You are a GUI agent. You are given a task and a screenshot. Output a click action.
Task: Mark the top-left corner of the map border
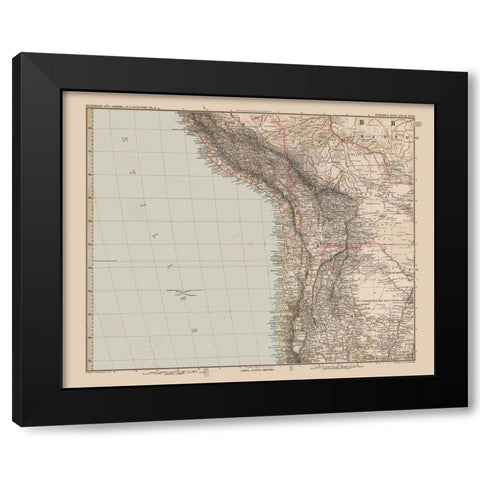88,108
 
